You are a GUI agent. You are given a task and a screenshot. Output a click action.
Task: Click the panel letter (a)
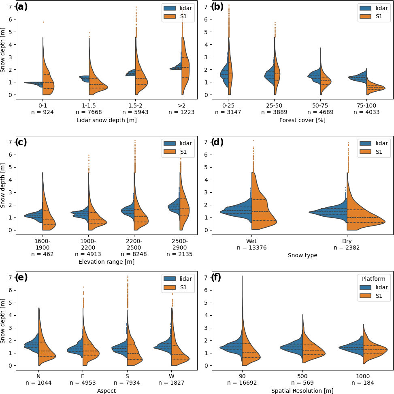pos(21,7)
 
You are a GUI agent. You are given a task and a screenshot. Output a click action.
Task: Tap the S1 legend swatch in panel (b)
pos(365,17)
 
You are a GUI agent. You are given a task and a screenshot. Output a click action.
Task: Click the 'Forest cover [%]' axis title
pos(302,120)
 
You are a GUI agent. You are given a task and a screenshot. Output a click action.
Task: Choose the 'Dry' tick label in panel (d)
pos(347,241)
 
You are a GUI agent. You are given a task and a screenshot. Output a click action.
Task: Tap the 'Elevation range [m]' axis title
pos(106,262)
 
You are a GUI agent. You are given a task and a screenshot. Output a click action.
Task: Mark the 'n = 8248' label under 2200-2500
pos(134,254)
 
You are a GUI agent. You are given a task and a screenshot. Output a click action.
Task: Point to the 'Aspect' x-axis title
pos(106,391)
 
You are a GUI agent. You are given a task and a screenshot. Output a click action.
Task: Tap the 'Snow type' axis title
pos(302,256)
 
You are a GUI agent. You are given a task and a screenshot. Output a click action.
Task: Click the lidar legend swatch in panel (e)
pos(169,278)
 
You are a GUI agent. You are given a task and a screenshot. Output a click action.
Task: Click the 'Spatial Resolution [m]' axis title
pos(302,391)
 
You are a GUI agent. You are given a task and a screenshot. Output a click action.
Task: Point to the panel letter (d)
pos(217,142)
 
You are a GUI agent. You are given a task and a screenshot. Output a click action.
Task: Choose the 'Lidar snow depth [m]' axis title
pos(106,120)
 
